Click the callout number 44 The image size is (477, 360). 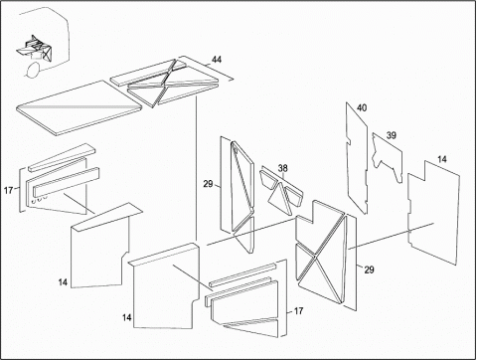pos(217,60)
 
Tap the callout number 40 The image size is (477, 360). pos(362,107)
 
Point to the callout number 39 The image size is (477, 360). pos(392,135)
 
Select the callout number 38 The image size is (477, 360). pos(282,168)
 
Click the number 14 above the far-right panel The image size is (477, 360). pos(442,159)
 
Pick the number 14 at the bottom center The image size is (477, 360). pos(127,317)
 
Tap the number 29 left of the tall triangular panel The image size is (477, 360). pos(208,184)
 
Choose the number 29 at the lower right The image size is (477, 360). pos(369,270)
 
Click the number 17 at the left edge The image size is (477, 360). pos(8,190)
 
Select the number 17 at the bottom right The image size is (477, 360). pos(298,311)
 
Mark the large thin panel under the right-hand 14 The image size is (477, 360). pos(434,212)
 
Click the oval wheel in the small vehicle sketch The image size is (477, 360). pos(33,70)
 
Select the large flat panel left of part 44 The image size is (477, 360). pos(79,107)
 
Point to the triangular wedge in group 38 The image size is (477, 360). pos(280,197)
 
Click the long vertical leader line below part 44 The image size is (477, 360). pos(197,169)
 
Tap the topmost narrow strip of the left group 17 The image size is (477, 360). pos(62,158)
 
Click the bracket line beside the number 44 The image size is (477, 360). pos(207,68)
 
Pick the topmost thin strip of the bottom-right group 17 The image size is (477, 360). pos(242,275)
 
